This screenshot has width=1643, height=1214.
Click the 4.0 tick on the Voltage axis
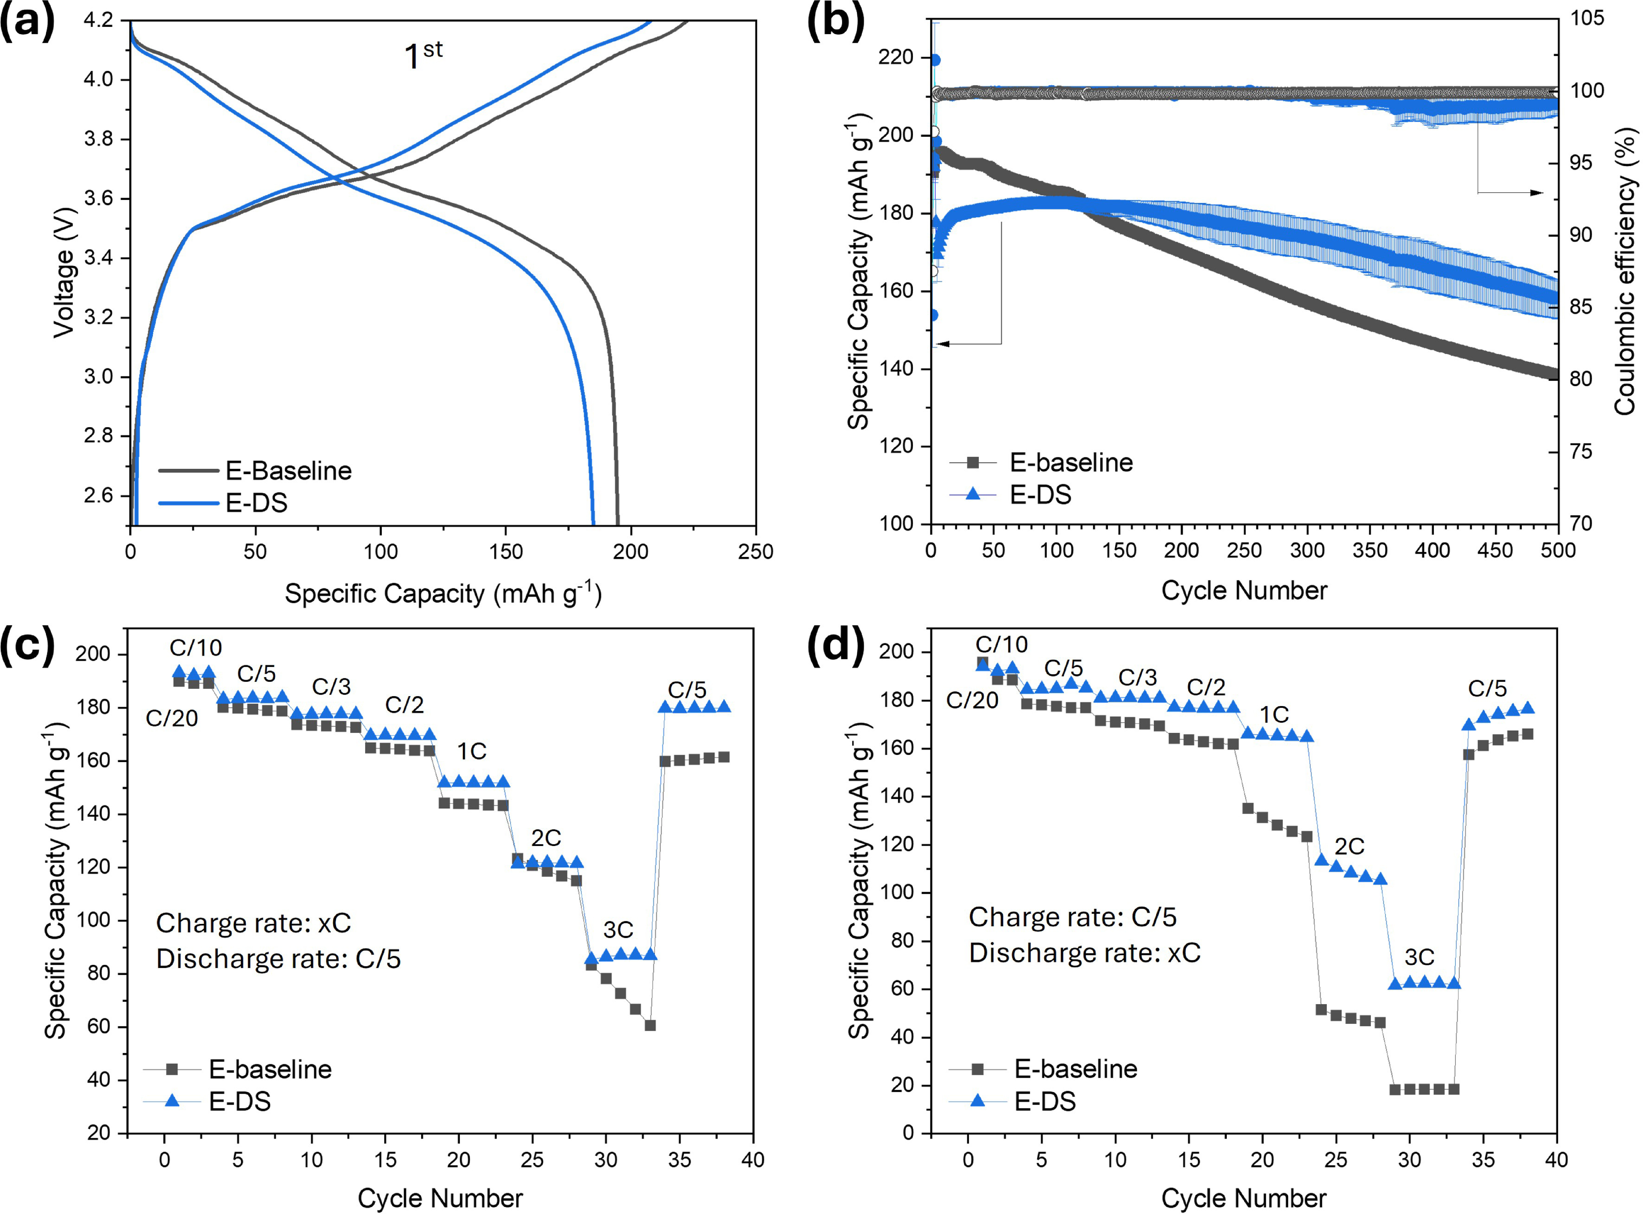point(98,79)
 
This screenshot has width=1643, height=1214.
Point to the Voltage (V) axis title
point(65,272)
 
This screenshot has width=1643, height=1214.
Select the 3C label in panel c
point(618,930)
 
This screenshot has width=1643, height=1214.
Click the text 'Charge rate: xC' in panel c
point(253,923)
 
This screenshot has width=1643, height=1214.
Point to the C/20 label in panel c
point(172,718)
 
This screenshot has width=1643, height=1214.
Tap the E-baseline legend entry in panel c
point(237,1069)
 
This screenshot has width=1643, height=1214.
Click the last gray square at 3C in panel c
point(650,1025)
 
